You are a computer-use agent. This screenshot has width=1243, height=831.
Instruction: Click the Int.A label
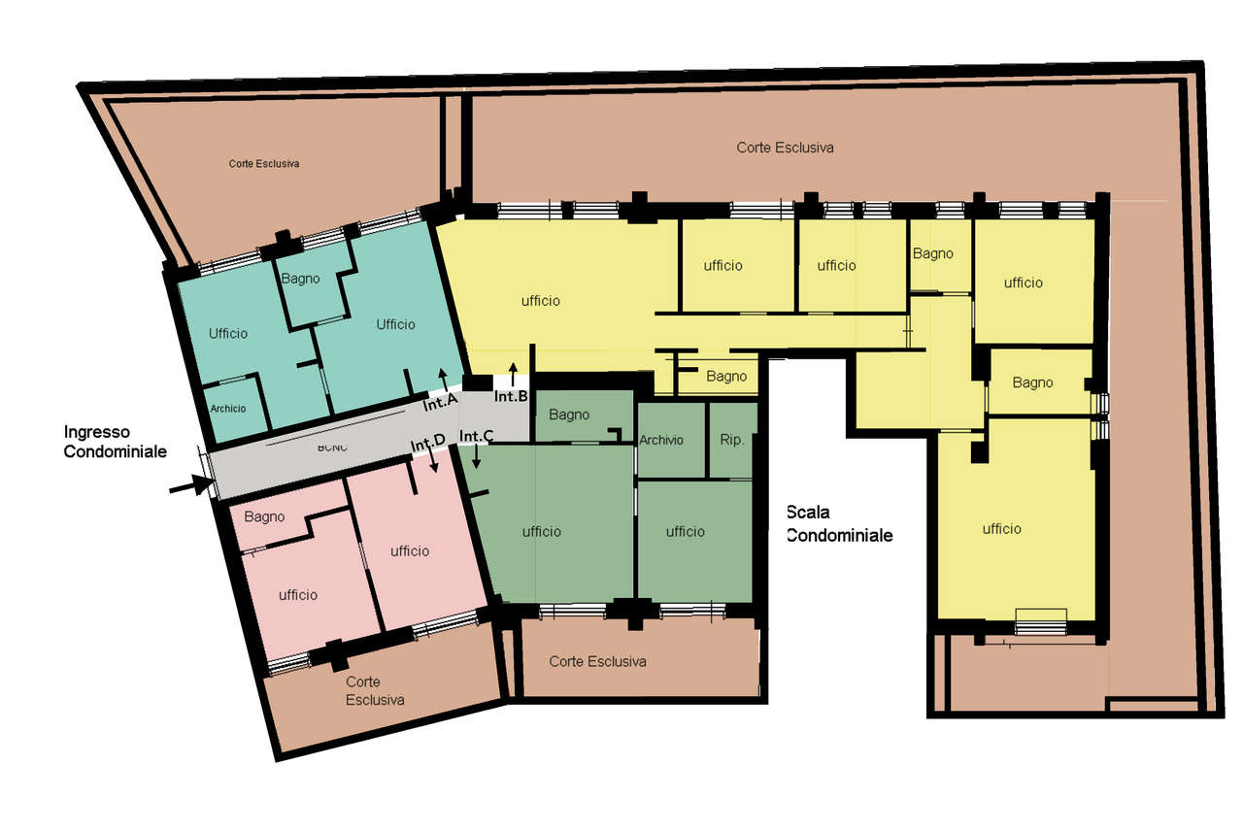(x=439, y=402)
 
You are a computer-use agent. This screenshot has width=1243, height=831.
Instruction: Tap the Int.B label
(x=511, y=396)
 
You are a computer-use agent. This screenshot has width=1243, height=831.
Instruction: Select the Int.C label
(x=477, y=437)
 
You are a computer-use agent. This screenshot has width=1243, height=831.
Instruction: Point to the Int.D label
(x=427, y=444)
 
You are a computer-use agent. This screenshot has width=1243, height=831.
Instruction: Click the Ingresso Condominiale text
(x=115, y=441)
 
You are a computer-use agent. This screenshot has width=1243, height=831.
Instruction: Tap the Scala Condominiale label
(x=839, y=524)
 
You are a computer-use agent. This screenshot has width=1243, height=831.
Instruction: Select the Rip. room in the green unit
(x=732, y=441)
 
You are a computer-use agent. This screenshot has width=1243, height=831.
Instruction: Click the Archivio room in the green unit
(x=661, y=441)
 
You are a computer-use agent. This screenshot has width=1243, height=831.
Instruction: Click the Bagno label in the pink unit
(x=264, y=517)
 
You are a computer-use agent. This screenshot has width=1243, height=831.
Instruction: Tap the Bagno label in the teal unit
(x=300, y=279)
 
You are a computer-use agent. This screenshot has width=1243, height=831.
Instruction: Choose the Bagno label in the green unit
(x=569, y=415)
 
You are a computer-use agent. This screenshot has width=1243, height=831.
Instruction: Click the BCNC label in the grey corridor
(x=332, y=448)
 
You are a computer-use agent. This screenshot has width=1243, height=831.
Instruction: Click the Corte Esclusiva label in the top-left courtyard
(x=264, y=164)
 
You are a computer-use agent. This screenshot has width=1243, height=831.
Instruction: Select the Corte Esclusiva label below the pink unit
(x=375, y=690)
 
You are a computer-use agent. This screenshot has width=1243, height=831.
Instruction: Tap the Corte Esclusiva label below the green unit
(x=597, y=662)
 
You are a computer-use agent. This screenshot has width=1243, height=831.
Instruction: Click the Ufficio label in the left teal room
(x=228, y=333)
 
